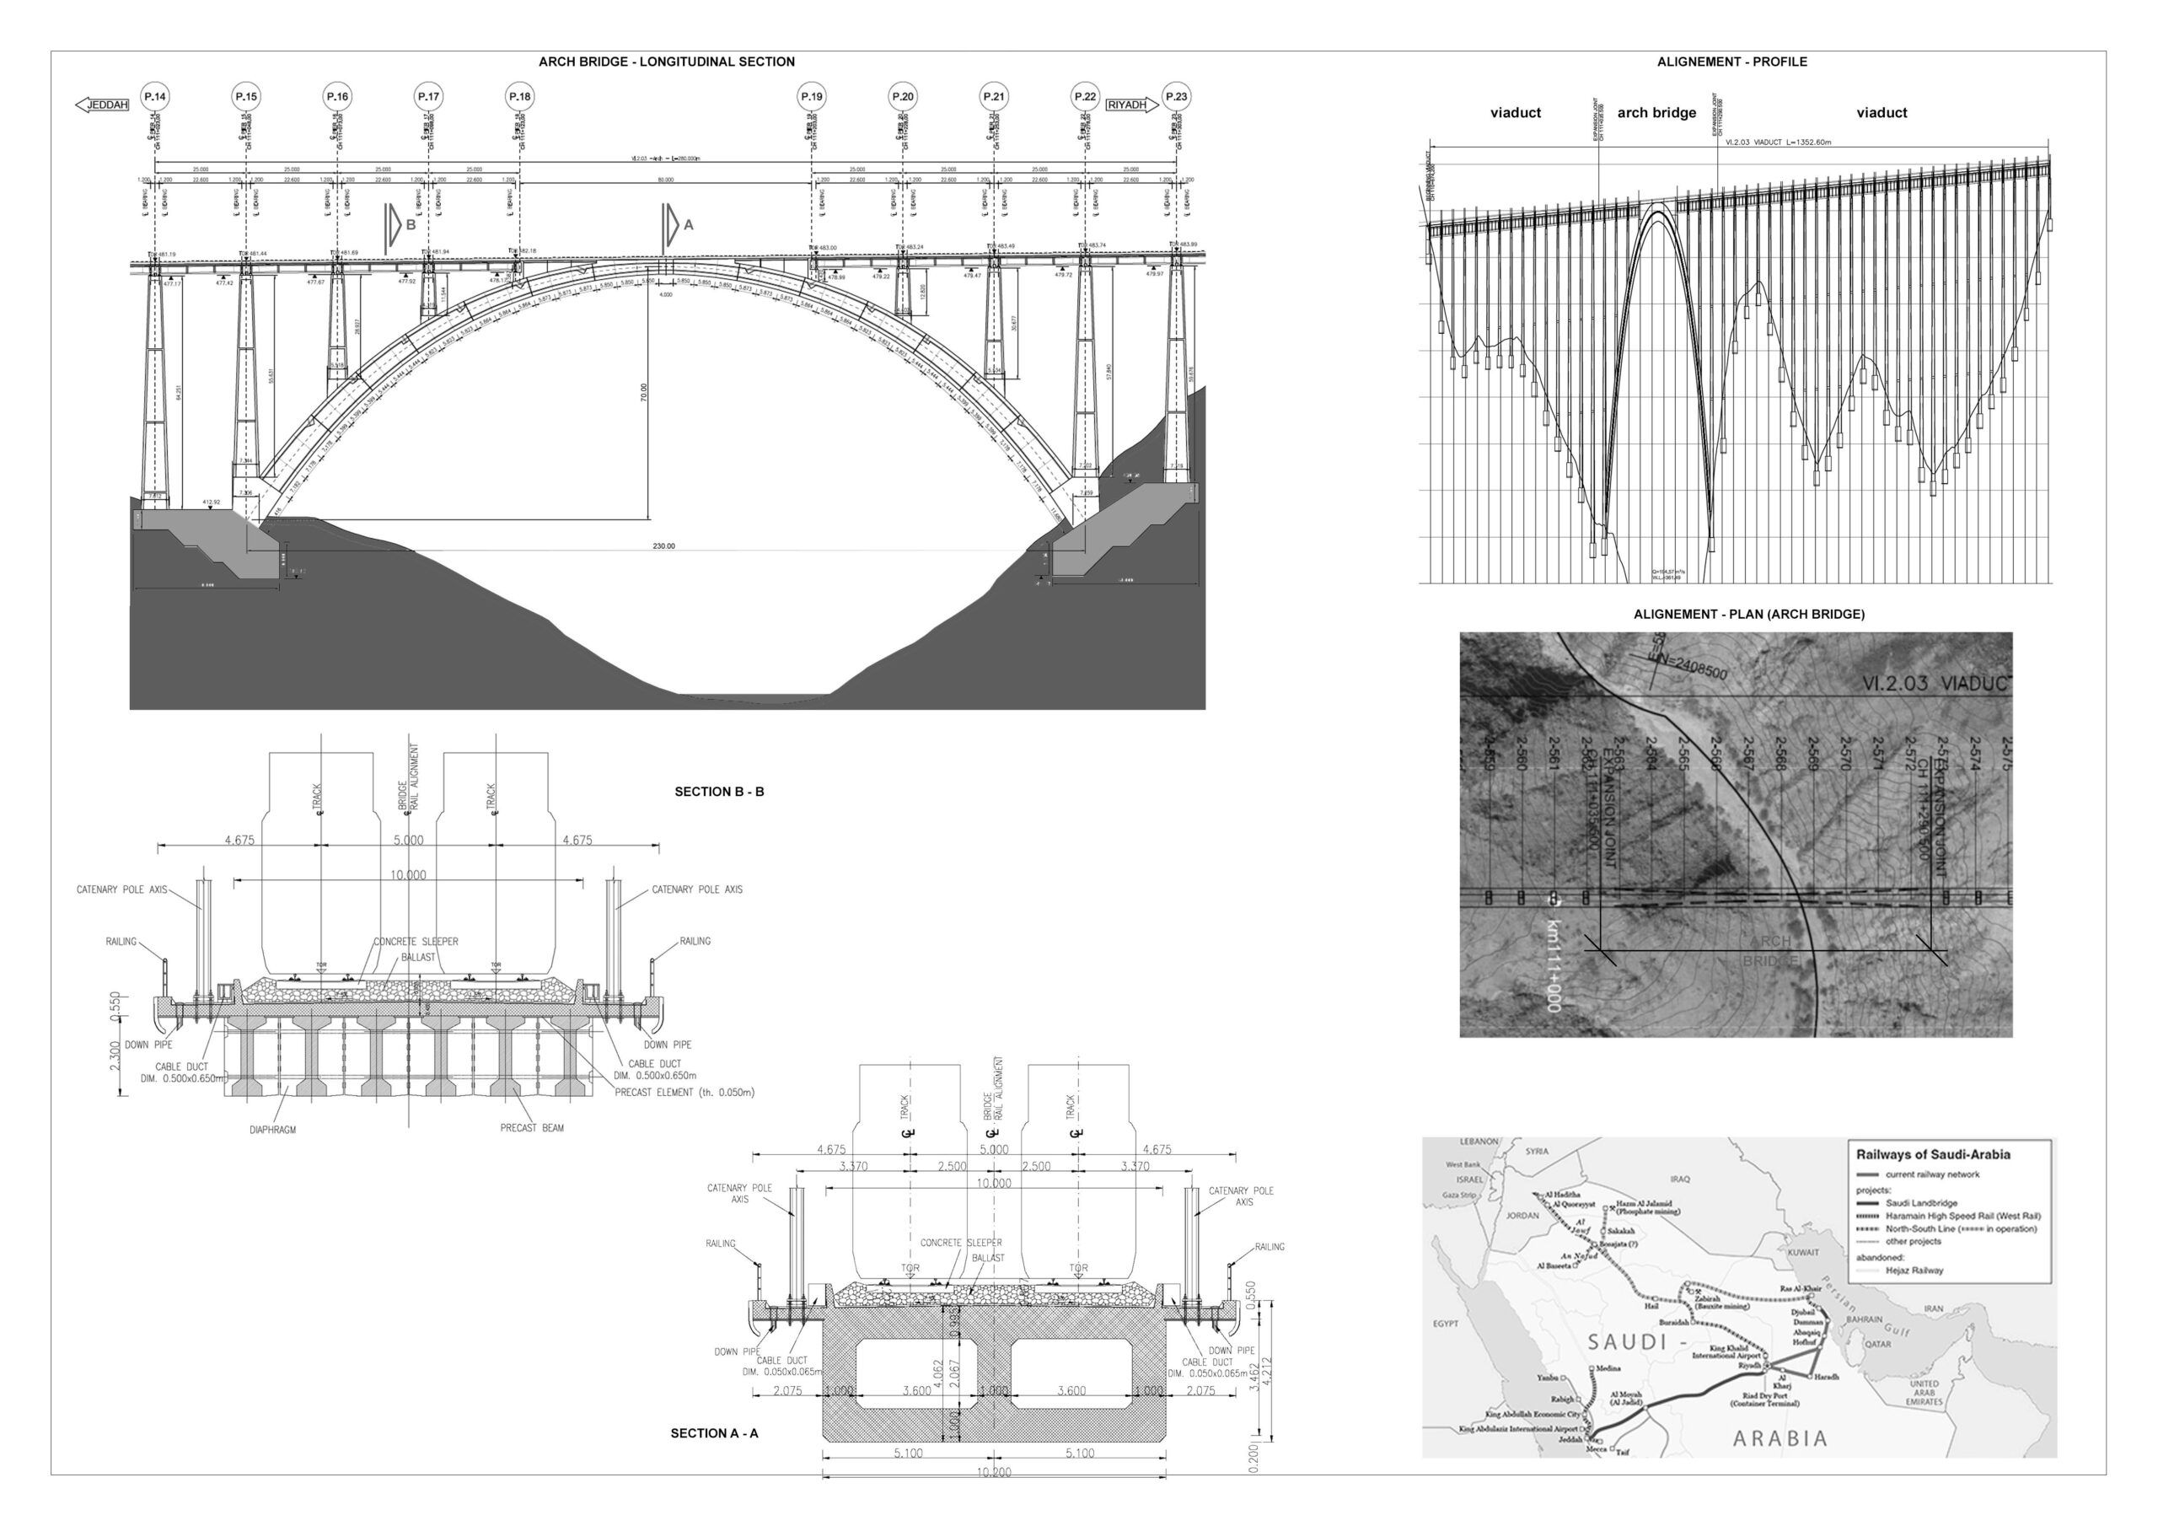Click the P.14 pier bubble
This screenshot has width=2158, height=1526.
[154, 97]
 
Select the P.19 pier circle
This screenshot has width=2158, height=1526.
[811, 97]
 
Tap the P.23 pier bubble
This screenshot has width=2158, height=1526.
[1176, 97]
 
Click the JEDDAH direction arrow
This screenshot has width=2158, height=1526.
[101, 105]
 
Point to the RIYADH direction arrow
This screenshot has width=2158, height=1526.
[1131, 105]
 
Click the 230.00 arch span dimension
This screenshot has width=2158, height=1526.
[663, 546]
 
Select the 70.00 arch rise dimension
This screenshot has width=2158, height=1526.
[644, 391]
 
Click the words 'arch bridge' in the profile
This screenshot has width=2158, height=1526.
[1656, 113]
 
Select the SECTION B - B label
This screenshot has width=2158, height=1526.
[719, 792]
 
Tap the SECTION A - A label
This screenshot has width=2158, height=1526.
[713, 1433]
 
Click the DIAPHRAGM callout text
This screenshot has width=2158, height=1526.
[272, 1130]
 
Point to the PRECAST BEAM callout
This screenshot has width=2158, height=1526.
[532, 1127]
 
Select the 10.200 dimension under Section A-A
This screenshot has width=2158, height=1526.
[994, 1472]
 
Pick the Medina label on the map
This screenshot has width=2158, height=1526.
[1610, 1369]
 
